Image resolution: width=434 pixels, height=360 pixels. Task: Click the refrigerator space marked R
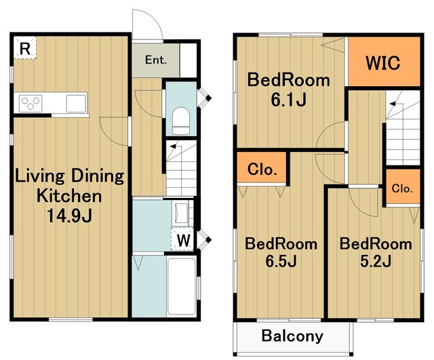[25, 47]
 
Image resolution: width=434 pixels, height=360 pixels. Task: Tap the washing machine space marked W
[182, 239]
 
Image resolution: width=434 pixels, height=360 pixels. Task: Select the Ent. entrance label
[156, 60]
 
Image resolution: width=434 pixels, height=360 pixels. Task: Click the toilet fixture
[181, 121]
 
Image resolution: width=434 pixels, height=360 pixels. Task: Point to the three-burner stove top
[31, 104]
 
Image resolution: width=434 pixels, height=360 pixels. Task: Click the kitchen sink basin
[76, 104]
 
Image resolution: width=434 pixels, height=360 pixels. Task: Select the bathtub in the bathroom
[182, 286]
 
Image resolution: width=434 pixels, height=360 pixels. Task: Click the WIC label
[382, 63]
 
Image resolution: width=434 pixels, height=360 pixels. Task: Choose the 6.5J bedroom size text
[281, 260]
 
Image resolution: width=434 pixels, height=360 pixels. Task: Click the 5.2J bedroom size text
[376, 260]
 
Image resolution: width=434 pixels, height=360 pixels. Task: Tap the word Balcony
[292, 336]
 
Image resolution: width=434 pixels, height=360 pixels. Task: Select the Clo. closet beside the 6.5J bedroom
[262, 169]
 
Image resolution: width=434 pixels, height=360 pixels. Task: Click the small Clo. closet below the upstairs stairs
[402, 188]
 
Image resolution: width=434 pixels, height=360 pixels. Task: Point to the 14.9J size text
[69, 216]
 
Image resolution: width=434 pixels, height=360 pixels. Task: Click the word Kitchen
[69, 196]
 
